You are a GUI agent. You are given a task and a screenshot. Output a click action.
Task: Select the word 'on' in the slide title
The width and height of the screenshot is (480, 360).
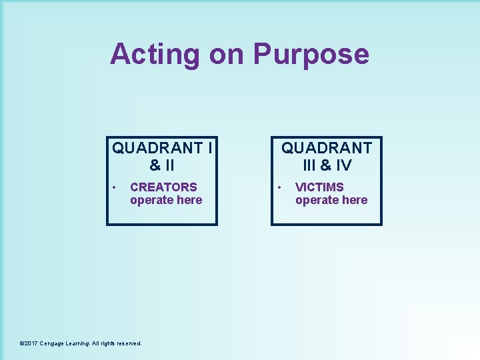point(227,53)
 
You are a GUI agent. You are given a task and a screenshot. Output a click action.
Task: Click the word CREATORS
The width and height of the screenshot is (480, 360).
point(163,187)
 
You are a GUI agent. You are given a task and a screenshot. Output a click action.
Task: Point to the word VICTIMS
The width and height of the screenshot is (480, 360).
point(319,187)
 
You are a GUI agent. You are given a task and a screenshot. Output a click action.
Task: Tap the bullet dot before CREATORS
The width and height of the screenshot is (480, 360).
point(115,187)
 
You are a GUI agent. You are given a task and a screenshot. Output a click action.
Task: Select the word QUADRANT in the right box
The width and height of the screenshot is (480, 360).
point(327,147)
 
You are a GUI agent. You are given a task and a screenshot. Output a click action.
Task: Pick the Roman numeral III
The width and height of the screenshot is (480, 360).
point(309,165)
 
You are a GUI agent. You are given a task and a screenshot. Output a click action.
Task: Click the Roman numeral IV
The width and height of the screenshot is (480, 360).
point(344,165)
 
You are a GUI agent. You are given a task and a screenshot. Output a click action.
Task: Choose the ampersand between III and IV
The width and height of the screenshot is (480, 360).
point(326,165)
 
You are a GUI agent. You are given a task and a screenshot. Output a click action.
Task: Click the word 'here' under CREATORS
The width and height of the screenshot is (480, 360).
point(189,200)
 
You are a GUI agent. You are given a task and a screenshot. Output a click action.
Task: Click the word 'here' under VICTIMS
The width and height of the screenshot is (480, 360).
point(354,200)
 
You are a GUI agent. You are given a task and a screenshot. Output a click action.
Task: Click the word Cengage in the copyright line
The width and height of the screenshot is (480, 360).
point(53,343)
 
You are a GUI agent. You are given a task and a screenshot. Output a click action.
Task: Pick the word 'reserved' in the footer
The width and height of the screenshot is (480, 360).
point(129,343)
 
